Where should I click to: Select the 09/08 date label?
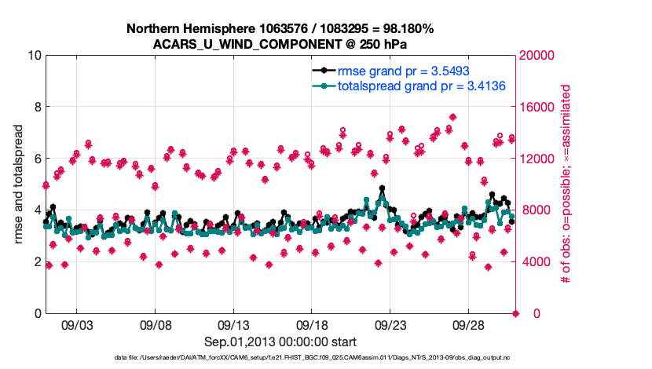click(x=156, y=323)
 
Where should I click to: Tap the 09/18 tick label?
click(x=312, y=323)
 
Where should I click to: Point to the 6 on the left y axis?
click(x=37, y=159)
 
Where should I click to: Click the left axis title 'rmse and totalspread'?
click(x=20, y=184)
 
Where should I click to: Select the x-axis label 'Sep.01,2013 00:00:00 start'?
click(x=280, y=342)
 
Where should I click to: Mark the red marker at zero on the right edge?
click(x=516, y=313)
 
